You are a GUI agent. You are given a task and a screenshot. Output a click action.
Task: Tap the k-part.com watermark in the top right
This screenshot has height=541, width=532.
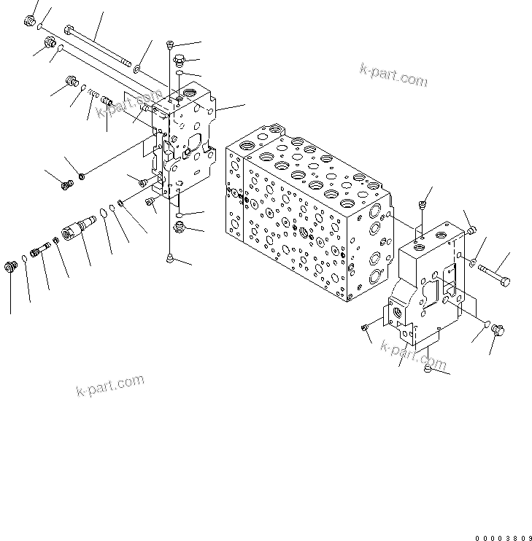(x=393, y=74)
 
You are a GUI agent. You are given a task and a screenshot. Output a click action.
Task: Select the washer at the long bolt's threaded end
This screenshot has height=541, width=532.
(x=136, y=69)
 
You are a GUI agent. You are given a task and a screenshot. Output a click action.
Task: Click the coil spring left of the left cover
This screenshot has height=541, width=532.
(x=90, y=93)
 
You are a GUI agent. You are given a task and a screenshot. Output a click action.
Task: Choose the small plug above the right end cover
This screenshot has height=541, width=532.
(x=422, y=206)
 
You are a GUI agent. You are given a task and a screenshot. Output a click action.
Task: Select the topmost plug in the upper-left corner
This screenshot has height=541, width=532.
(x=30, y=21)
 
